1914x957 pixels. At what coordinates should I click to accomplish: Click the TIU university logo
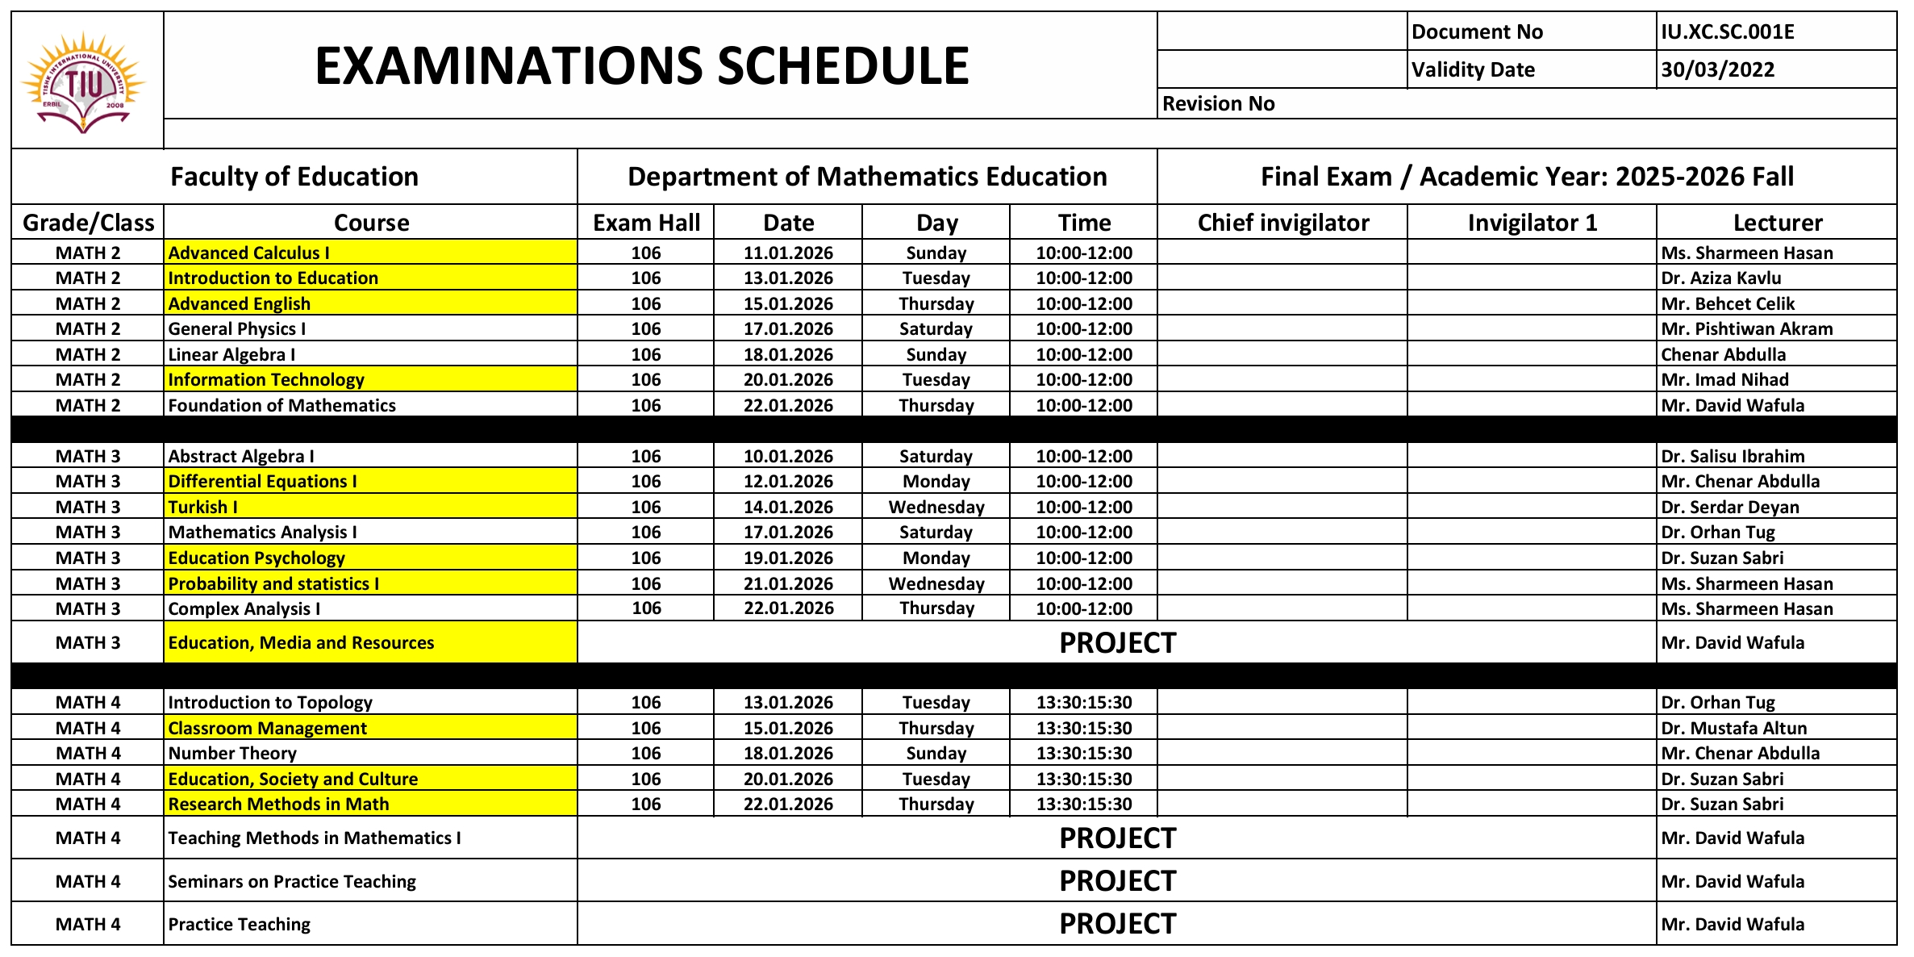coord(84,81)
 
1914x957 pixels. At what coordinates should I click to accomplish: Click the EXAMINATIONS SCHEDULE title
coord(641,66)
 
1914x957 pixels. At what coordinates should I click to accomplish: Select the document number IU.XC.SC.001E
coord(1727,32)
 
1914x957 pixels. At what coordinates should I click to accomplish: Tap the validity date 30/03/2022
coord(1717,70)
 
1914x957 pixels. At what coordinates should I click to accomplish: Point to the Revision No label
coord(1218,104)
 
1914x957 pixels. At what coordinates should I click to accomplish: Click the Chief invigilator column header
coord(1282,223)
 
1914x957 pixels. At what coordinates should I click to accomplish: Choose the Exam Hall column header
coord(646,223)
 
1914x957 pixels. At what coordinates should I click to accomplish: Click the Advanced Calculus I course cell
coord(248,253)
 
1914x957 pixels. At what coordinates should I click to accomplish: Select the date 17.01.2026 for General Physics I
coord(788,329)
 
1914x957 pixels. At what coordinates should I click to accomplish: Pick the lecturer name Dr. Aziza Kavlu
coord(1720,278)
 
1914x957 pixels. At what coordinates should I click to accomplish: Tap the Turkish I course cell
coord(202,507)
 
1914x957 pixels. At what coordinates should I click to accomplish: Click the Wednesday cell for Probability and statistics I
coord(936,583)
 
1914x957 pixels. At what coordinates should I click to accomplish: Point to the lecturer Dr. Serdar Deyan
coord(1729,507)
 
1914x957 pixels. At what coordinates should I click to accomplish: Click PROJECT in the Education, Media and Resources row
coord(1117,643)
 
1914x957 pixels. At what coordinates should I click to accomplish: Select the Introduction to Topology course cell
coord(270,703)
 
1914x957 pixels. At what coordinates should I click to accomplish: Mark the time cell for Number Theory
coord(1083,754)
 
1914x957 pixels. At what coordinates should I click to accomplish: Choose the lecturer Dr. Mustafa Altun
coord(1733,729)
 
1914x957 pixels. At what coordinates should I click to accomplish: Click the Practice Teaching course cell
coord(239,925)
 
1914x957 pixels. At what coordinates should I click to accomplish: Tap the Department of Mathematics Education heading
coord(867,177)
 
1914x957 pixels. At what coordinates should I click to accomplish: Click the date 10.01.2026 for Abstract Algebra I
coord(788,457)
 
